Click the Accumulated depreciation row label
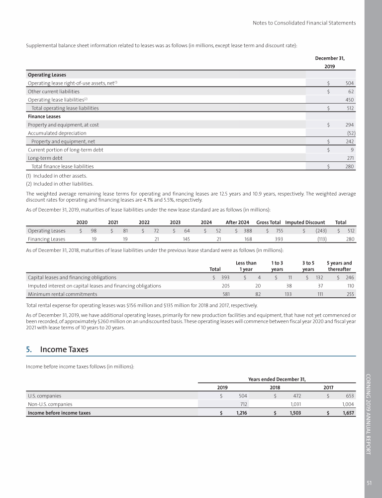[57, 133]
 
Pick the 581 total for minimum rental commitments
[225, 294]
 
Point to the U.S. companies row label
[45, 396]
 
